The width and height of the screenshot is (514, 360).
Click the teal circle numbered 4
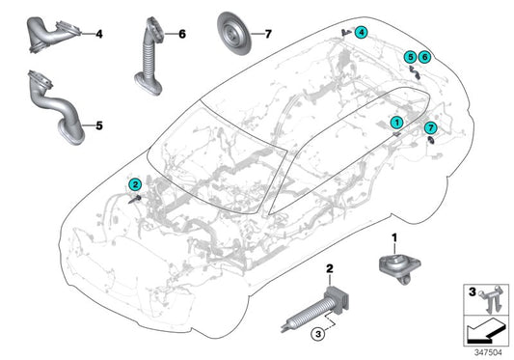pos(361,32)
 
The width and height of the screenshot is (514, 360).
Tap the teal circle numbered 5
pos(411,57)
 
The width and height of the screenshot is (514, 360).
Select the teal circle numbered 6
pos(425,57)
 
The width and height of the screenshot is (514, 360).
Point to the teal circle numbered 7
pos(431,127)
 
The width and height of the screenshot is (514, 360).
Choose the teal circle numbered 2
pos(136,183)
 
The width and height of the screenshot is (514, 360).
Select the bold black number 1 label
pos(392,238)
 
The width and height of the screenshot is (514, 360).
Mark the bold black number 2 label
pos(329,267)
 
